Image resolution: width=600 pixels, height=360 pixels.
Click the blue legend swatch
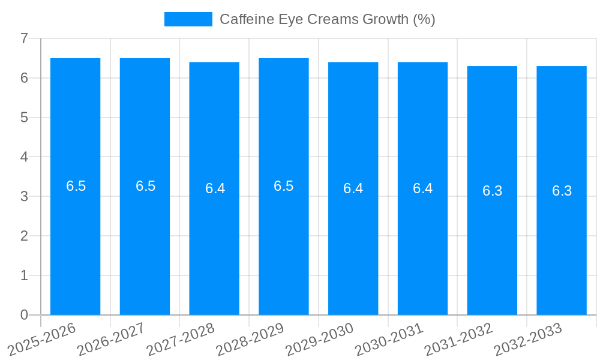click(x=188, y=19)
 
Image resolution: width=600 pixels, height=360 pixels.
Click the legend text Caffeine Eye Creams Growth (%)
click(x=327, y=19)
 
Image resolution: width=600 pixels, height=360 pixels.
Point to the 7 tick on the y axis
click(x=24, y=39)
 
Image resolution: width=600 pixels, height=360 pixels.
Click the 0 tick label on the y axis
click(x=24, y=315)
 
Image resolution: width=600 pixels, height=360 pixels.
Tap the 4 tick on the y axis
click(x=24, y=157)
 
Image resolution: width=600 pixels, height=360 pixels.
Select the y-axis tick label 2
click(x=24, y=236)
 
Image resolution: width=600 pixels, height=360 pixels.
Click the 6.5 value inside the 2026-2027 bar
click(x=145, y=186)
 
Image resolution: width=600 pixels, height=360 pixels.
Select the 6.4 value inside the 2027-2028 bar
click(x=215, y=188)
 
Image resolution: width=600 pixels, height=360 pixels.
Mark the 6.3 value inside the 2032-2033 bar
click(x=562, y=191)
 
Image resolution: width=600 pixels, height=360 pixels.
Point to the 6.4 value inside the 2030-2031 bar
click(x=422, y=188)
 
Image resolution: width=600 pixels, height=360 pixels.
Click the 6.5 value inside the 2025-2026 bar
click(x=76, y=186)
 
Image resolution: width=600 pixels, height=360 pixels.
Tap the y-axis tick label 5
click(x=24, y=118)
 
